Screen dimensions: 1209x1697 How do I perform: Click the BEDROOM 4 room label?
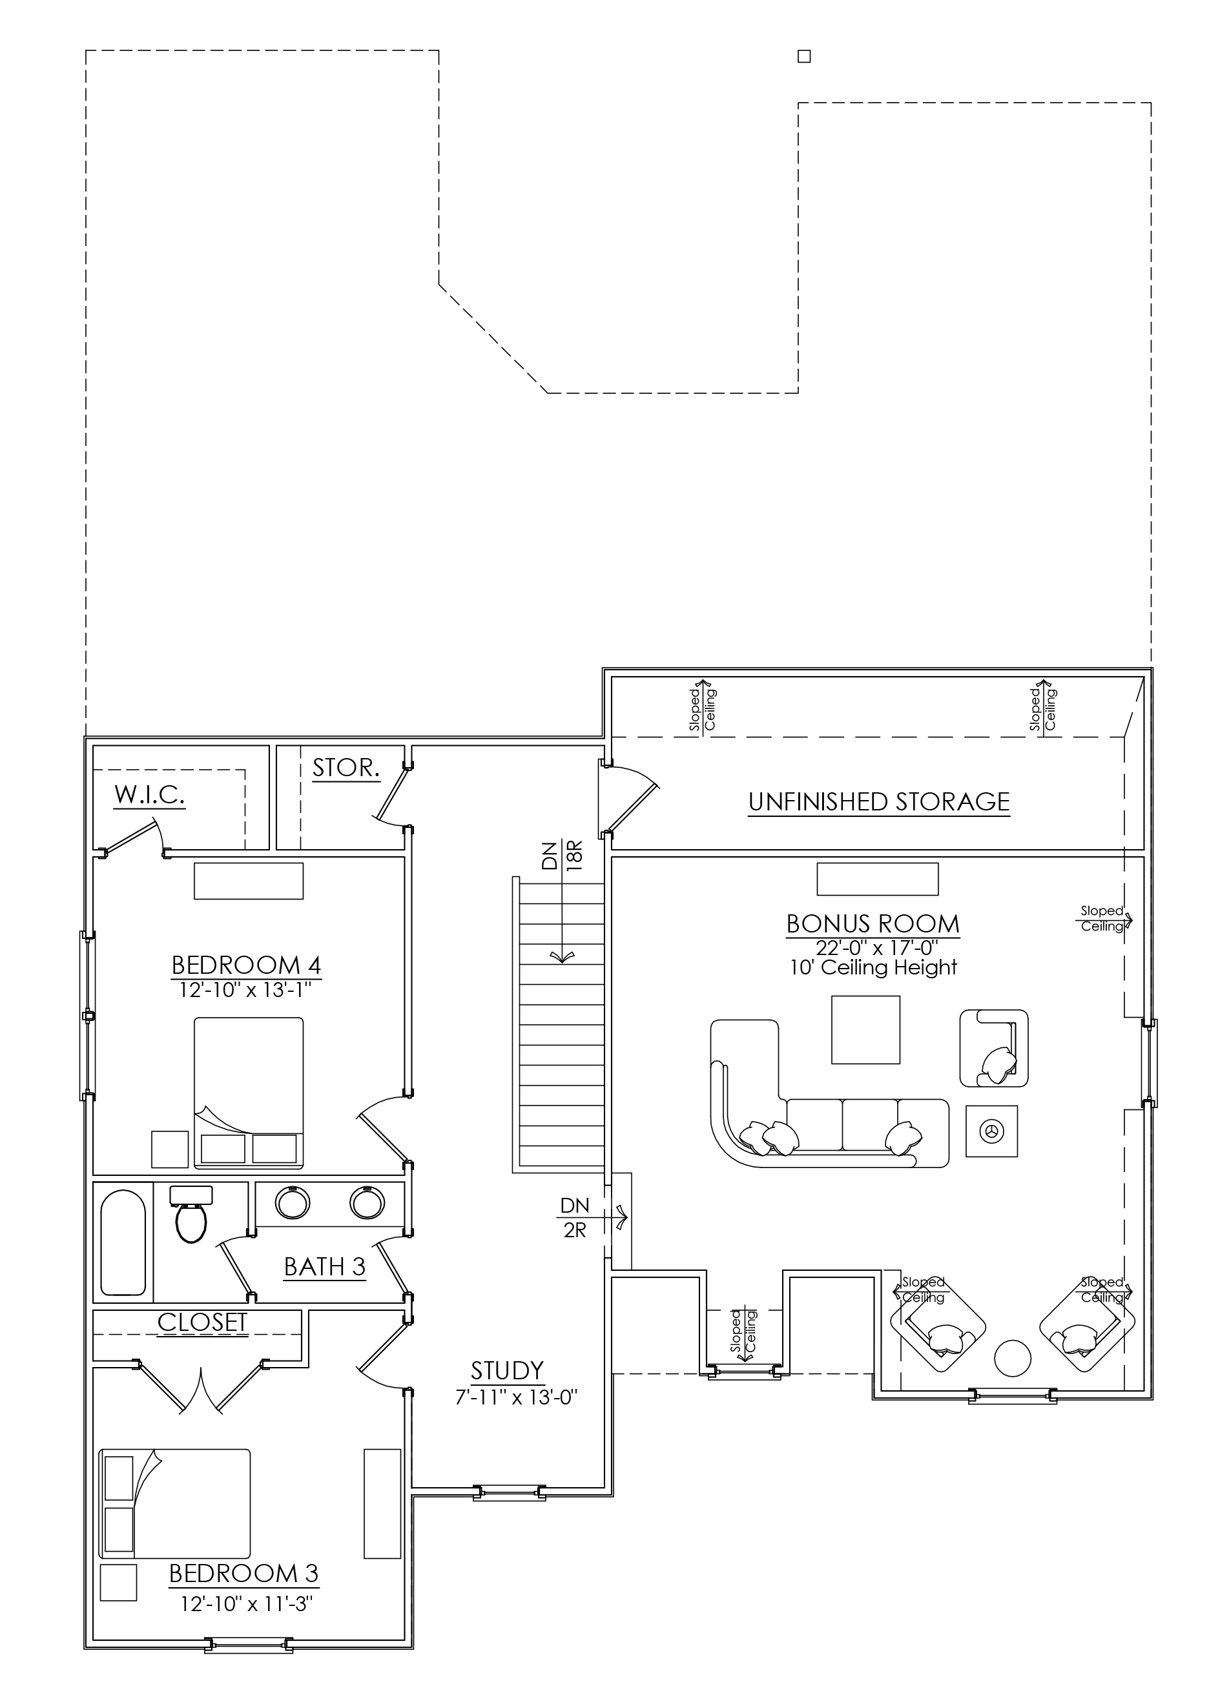[x=247, y=965]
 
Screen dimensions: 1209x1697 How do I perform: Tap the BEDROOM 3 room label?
[x=243, y=1574]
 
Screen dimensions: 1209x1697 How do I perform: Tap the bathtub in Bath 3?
[x=123, y=1243]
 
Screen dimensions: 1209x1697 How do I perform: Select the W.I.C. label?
[x=150, y=795]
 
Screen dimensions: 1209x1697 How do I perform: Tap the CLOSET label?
[x=201, y=1322]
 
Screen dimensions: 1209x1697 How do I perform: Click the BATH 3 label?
[x=325, y=1266]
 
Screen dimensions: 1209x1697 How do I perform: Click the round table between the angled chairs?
[x=1013, y=1359]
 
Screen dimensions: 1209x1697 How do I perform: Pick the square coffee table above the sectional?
[x=866, y=1030]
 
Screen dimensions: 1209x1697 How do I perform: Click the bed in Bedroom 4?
[x=249, y=1092]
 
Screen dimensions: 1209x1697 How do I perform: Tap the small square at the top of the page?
[x=804, y=57]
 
